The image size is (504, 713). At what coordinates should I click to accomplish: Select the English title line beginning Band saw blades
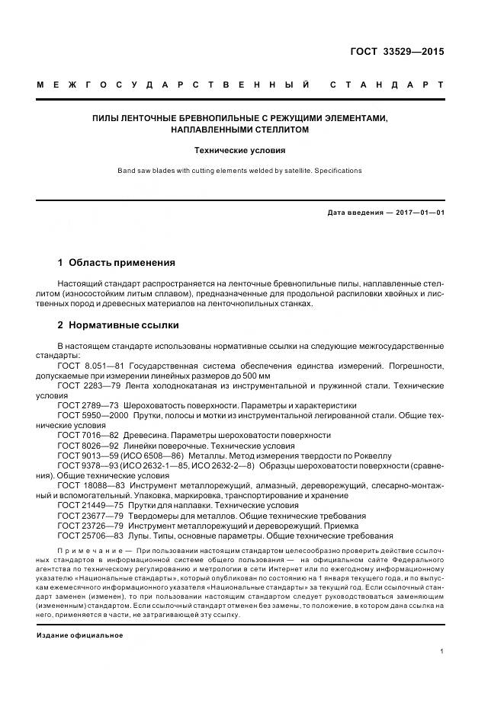click(x=240, y=171)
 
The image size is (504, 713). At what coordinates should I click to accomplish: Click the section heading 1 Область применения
click(x=117, y=263)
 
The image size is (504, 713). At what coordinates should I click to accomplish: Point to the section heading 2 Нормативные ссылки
click(x=118, y=325)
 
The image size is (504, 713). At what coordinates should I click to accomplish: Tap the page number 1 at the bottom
click(x=442, y=651)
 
